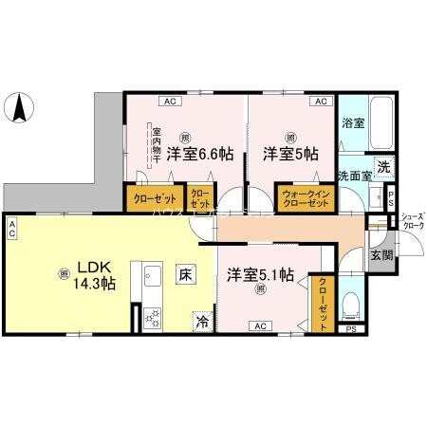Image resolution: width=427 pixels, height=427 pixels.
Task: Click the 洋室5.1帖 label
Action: (x=259, y=274)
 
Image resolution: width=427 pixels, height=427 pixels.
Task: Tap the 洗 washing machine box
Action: (x=382, y=165)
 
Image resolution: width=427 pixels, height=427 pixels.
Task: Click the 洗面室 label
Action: (x=354, y=177)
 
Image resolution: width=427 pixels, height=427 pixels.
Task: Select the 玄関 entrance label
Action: (x=381, y=255)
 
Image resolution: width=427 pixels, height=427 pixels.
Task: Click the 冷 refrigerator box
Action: (x=202, y=321)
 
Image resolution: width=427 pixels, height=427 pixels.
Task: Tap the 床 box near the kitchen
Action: (x=186, y=274)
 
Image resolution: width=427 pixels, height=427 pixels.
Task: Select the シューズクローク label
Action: (x=412, y=222)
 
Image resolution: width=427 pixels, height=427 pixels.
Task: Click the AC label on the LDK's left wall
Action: (x=13, y=229)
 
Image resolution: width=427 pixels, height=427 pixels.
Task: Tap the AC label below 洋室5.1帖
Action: (x=259, y=325)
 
